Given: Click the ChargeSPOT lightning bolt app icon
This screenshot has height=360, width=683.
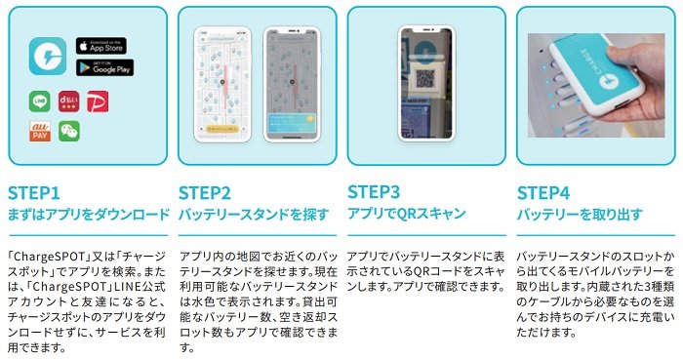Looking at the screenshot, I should click(47, 57).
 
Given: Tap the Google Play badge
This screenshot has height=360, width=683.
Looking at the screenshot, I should click(103, 68).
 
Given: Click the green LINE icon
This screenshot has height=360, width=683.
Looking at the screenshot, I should click(40, 101).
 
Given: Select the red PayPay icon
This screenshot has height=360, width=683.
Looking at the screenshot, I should click(98, 101).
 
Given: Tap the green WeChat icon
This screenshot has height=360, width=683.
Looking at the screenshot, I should click(68, 132).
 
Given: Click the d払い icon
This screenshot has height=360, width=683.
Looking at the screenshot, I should click(68, 101).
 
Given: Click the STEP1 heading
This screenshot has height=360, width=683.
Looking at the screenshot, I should click(34, 192).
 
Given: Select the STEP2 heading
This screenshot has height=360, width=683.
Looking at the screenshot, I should click(205, 192).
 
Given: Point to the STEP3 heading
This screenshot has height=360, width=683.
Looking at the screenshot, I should click(375, 192).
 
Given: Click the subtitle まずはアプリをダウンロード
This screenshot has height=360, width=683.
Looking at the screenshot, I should click(88, 214).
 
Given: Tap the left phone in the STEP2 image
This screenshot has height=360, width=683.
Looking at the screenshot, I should click(221, 83).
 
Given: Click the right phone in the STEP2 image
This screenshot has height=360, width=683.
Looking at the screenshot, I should click(289, 83).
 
